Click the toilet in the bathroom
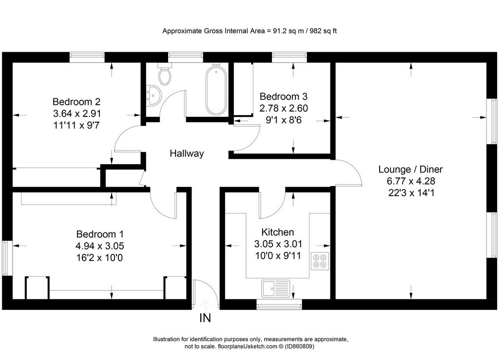165,74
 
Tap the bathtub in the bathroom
216,89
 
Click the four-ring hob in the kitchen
320,261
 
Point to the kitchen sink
276,289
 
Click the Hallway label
187,153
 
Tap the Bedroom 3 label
284,96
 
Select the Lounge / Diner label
410,169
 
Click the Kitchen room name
277,232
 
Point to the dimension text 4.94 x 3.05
99,246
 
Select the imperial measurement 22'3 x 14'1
411,193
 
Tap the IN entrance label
205,318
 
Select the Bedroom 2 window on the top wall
87,57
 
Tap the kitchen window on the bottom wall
279,304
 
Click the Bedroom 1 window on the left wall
7,258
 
